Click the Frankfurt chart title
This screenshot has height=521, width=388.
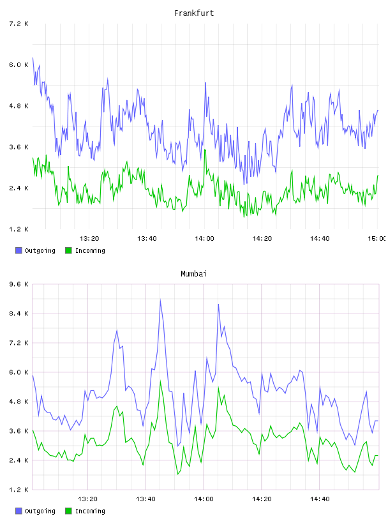tap(194, 13)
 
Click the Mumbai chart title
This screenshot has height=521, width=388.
tap(193, 274)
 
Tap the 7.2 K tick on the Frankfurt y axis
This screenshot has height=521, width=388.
tap(19, 24)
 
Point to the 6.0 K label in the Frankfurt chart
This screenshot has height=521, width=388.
tap(19, 64)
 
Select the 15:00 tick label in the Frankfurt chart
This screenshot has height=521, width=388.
tap(377, 239)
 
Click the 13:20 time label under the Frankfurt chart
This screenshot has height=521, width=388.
tap(89, 239)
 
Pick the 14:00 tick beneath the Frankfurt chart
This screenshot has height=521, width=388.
tap(204, 239)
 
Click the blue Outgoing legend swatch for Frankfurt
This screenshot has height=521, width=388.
tap(19, 250)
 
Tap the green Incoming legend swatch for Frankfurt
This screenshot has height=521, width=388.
tap(68, 250)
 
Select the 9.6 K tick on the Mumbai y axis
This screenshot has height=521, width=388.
tap(19, 284)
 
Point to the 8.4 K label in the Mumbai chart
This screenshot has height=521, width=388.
tap(19, 313)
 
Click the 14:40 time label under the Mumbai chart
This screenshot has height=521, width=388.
tap(320, 499)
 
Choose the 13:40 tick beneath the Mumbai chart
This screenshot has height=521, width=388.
tap(145, 499)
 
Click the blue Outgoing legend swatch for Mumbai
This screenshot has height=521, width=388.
tap(19, 511)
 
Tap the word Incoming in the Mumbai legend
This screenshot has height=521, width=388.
tap(90, 511)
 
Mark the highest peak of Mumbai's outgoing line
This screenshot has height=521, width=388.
tap(160, 300)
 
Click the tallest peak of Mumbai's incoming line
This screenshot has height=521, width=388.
tap(160, 381)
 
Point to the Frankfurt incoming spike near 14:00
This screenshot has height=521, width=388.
tap(205, 150)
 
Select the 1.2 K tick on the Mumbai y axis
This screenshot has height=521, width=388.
tap(19, 490)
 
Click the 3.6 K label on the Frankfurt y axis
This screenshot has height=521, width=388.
tap(19, 147)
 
